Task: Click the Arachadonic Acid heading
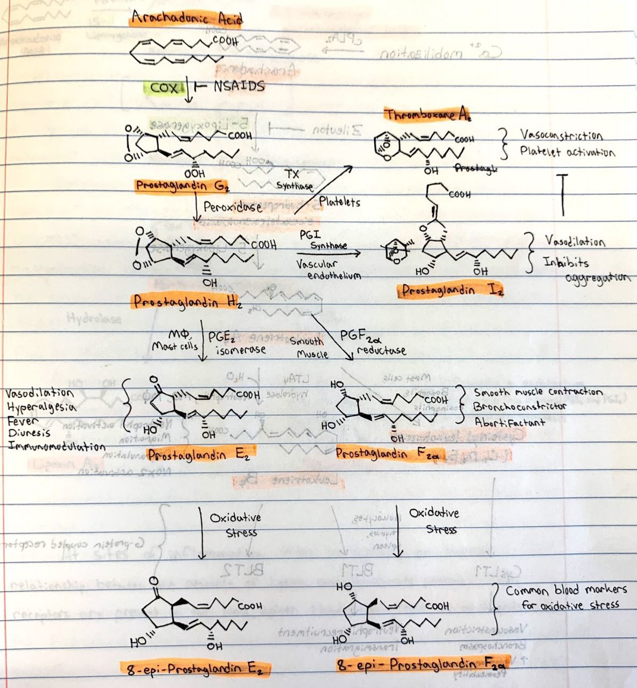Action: coord(186,19)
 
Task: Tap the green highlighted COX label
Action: coord(164,87)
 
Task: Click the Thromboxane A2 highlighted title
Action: coord(428,115)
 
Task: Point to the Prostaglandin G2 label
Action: coord(183,186)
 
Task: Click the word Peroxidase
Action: coord(233,207)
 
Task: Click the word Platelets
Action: coord(339,202)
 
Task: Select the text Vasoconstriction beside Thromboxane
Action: coord(561,135)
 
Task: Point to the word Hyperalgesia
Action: coord(41,407)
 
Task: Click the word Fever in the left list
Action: coord(23,420)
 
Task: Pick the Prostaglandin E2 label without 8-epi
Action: coord(199,455)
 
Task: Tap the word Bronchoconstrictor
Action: coord(520,406)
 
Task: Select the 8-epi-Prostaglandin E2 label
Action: coord(194,669)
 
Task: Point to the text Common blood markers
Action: coord(566,590)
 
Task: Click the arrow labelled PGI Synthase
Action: coord(328,251)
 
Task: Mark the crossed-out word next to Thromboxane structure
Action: coord(476,168)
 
